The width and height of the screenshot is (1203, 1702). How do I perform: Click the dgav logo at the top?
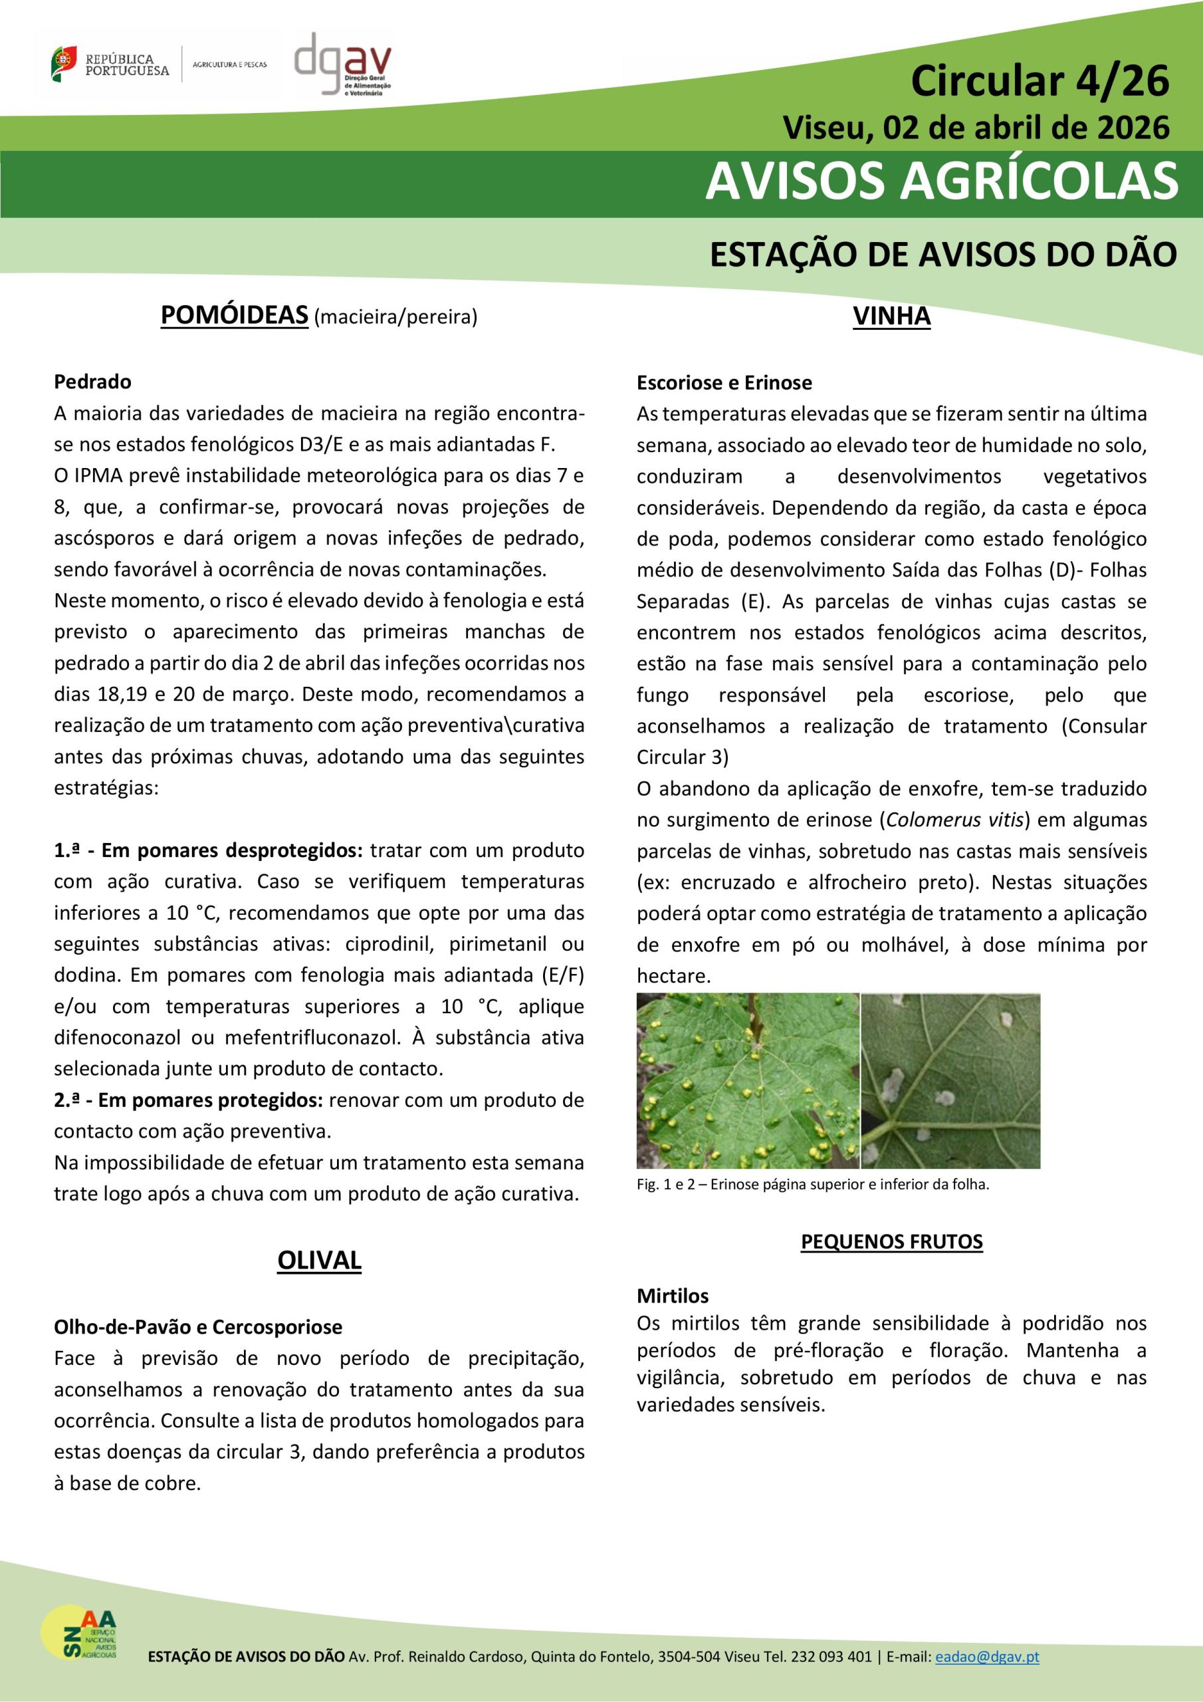click(342, 64)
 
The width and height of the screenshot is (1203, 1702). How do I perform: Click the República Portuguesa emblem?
click(64, 64)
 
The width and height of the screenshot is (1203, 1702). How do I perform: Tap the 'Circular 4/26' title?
click(1039, 81)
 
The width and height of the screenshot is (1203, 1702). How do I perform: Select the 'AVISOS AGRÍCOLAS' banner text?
click(940, 181)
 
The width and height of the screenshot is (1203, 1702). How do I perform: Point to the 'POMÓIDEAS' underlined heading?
click(234, 316)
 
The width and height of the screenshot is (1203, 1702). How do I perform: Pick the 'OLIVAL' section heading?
click(319, 1260)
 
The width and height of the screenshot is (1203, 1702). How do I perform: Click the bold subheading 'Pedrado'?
click(92, 382)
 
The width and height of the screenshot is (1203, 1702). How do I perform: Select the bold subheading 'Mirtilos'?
click(673, 1296)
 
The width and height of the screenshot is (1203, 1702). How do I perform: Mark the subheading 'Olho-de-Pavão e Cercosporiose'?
click(198, 1327)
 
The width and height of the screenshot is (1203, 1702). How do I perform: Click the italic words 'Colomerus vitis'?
click(954, 820)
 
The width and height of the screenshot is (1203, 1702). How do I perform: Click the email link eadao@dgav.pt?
click(986, 1657)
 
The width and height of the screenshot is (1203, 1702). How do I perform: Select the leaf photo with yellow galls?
click(747, 1080)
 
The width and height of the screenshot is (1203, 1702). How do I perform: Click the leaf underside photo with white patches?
click(950, 1080)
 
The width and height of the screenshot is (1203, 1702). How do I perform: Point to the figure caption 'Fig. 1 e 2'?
click(812, 1185)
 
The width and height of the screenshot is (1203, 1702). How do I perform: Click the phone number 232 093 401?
click(831, 1657)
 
